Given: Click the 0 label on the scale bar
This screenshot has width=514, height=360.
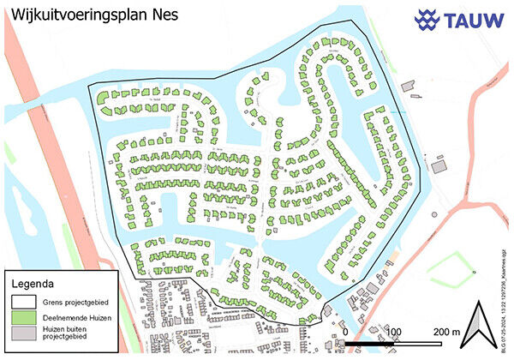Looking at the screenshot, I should pos(344,331).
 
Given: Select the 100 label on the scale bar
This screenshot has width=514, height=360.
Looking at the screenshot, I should pos(394,331).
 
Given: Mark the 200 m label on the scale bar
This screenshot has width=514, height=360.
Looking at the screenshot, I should pos(447,331).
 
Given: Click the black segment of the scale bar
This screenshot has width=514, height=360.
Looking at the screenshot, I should pos(369,343).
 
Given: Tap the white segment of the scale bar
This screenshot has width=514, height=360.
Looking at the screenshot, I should pos(419,343).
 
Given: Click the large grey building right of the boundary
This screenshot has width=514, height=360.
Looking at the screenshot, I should pos(439,166).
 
